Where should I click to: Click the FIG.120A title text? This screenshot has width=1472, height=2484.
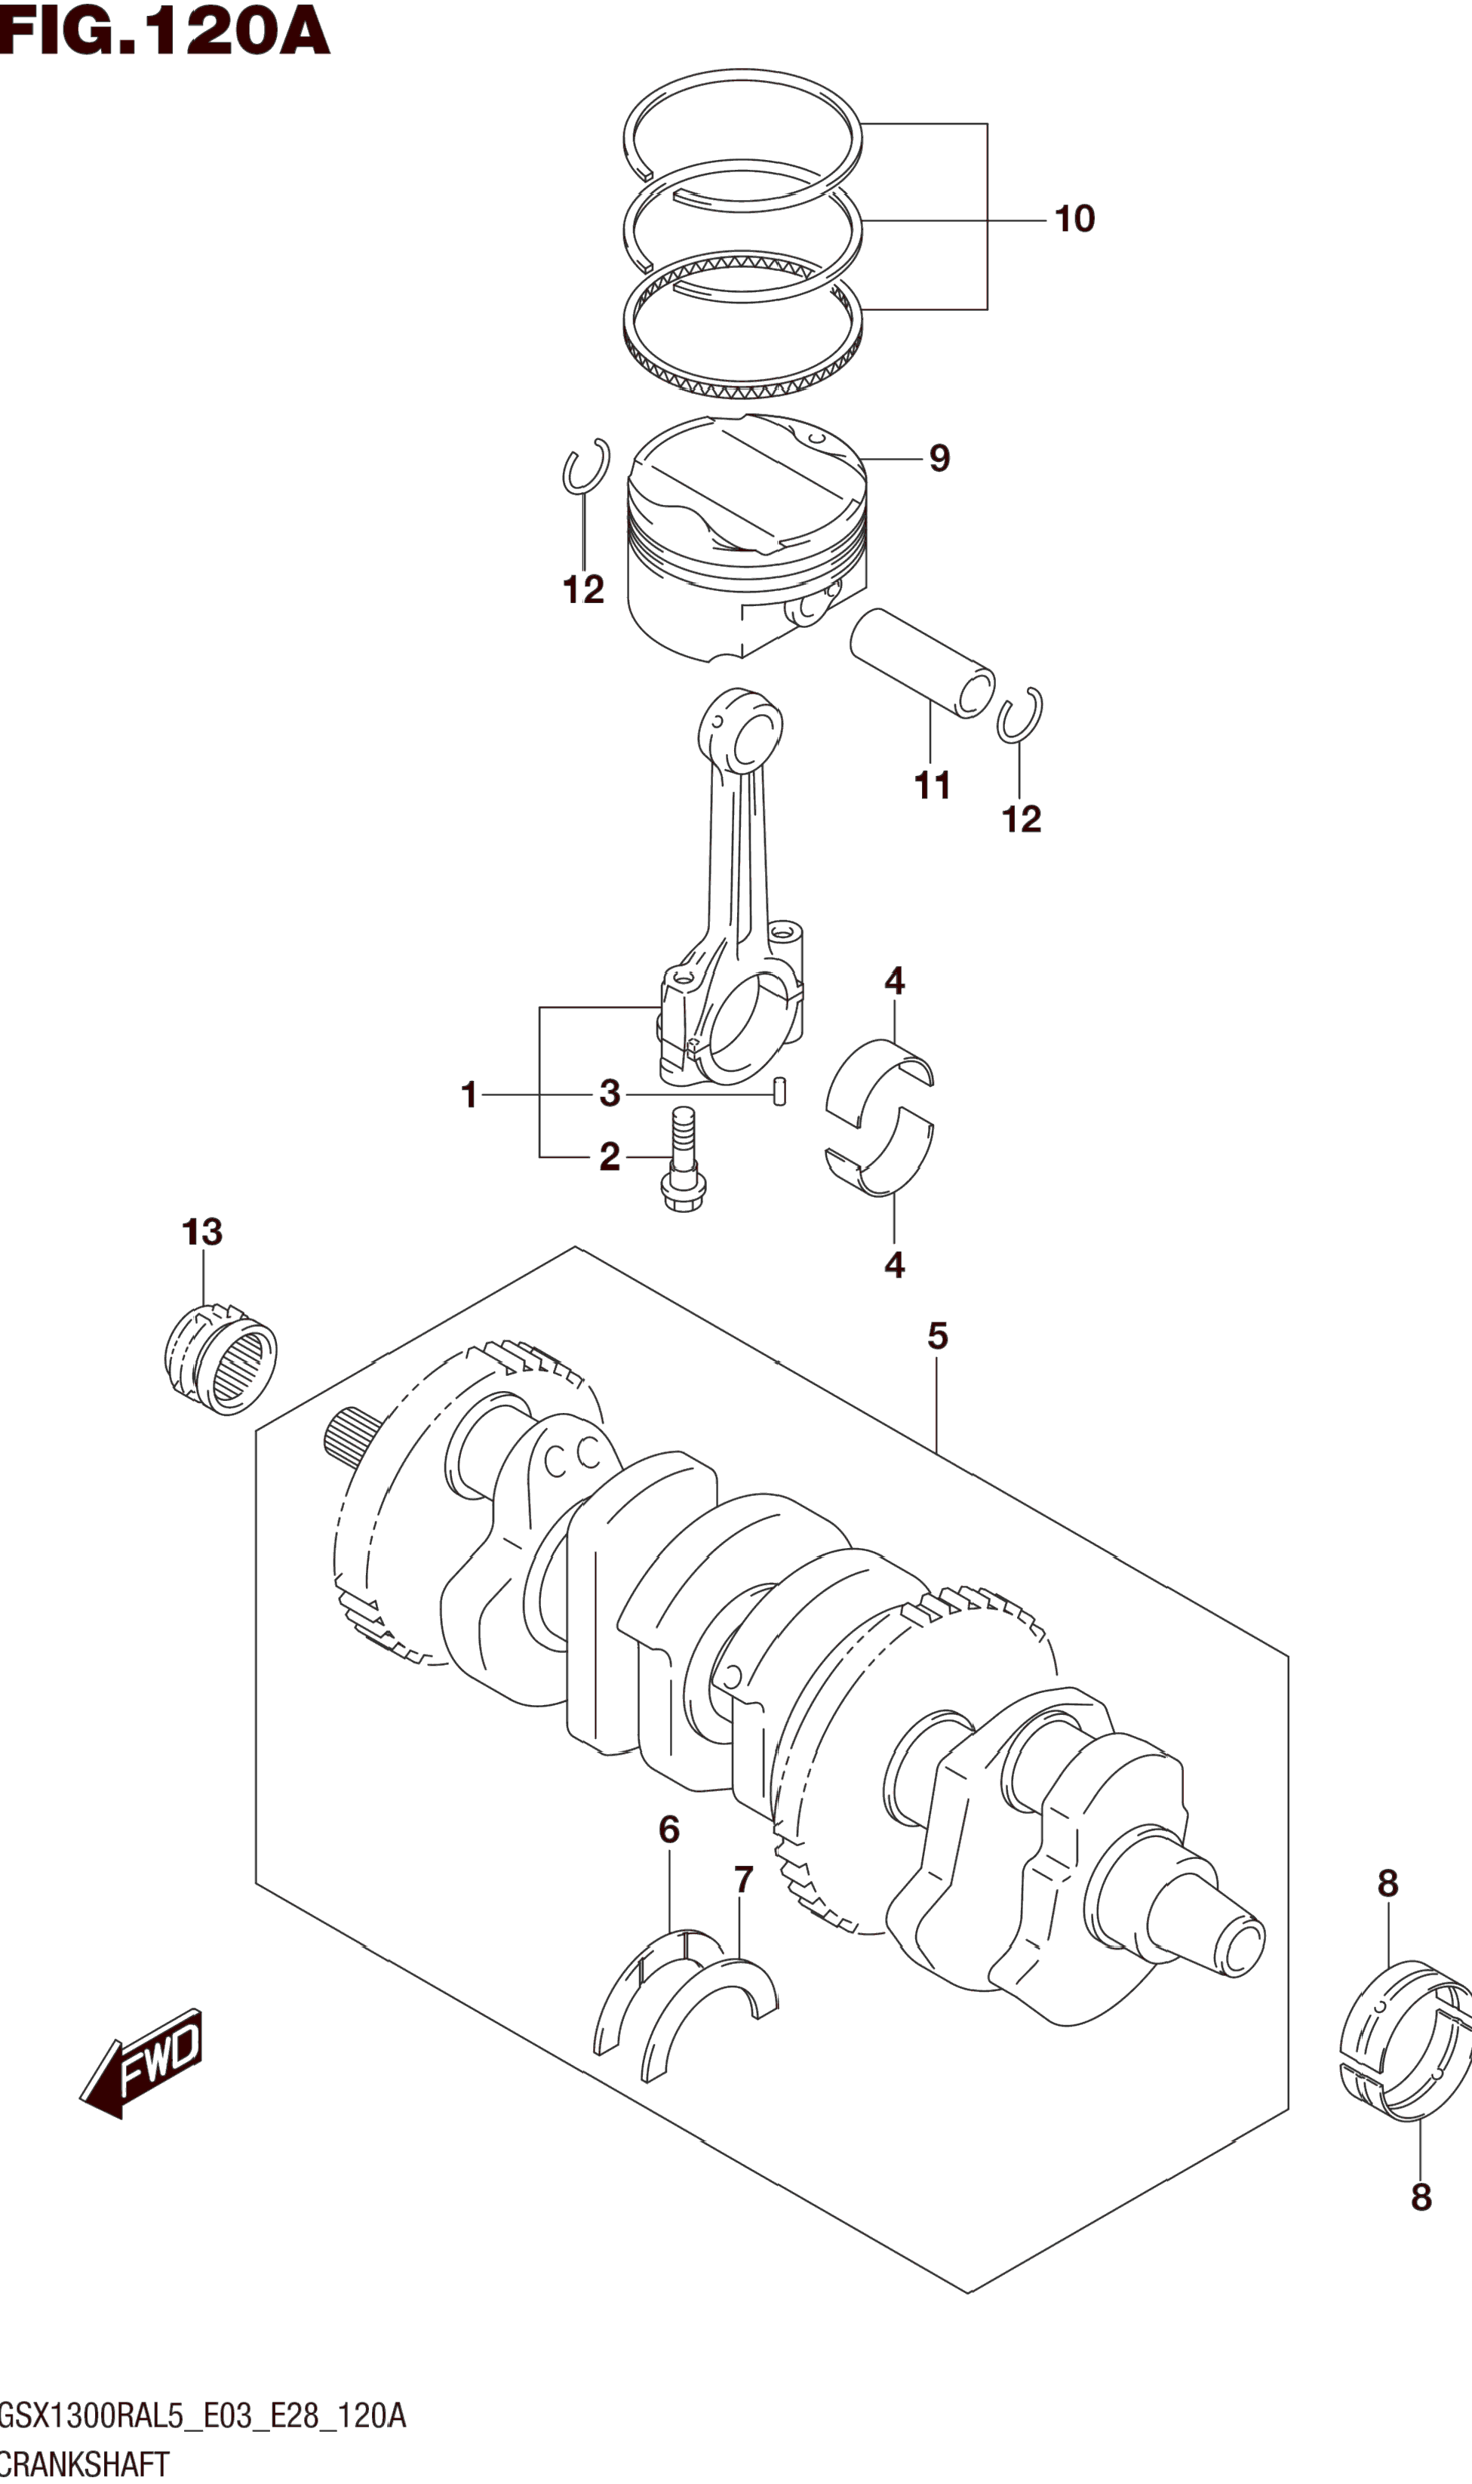coord(164,31)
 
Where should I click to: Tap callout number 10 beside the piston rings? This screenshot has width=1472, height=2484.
coord(1074,219)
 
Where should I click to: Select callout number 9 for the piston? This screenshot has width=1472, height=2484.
coord(939,458)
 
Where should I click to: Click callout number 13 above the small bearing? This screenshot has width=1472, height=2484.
coord(202,1232)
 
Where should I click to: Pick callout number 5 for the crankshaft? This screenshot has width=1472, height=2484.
coord(937,1336)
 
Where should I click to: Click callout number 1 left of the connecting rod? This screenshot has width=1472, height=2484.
coord(470,1095)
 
